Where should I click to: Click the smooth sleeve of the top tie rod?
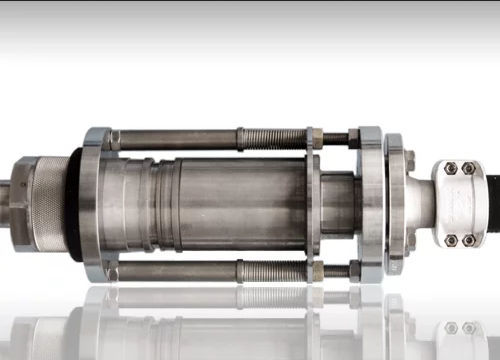(175, 139)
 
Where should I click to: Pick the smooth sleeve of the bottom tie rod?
(175, 270)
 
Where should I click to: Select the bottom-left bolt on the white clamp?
(450, 240)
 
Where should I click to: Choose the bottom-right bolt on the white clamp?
(469, 240)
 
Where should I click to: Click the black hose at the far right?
(492, 204)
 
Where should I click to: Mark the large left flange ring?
(93, 204)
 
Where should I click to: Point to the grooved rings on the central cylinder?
(150, 204)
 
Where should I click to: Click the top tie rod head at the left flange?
(111, 139)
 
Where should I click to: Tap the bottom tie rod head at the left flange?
(111, 271)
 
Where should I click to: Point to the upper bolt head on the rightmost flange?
(409, 158)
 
